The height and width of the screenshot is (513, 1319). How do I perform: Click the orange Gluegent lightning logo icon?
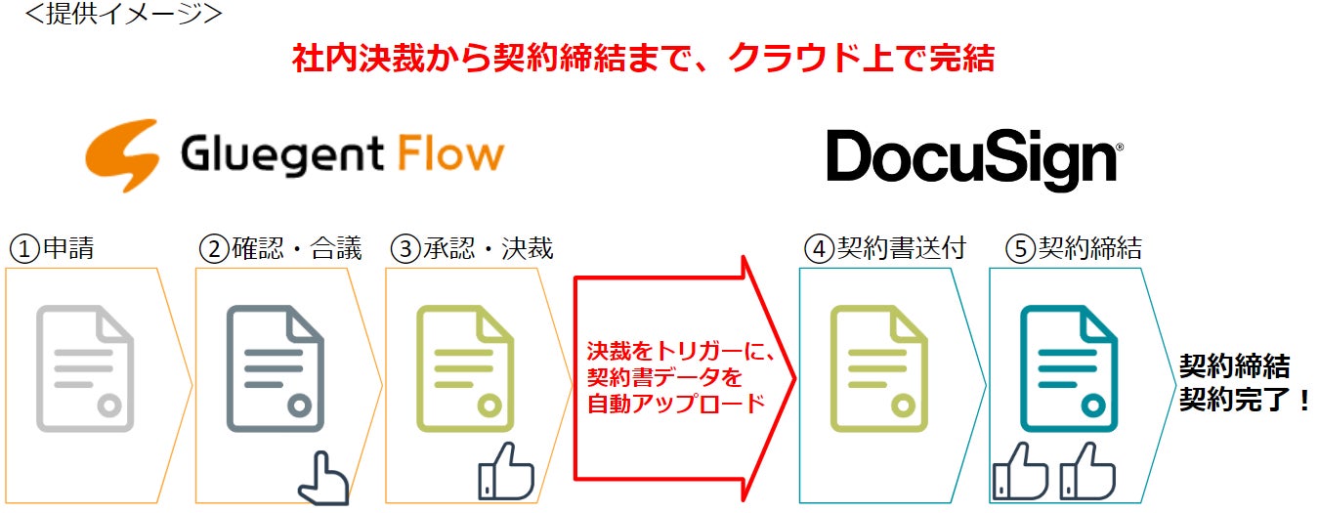pos(122,155)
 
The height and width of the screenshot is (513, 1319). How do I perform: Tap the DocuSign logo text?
pos(973,158)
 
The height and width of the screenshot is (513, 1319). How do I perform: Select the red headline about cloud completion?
pos(643,59)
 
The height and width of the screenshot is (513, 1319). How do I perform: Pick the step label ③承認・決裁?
pos(471,248)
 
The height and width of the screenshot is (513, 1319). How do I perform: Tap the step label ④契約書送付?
pos(885,248)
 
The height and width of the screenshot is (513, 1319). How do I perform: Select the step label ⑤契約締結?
pos(1074,248)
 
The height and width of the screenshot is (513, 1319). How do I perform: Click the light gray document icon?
pos(85,367)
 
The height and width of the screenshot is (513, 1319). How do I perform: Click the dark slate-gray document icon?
pos(275,367)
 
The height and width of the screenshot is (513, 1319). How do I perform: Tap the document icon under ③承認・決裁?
pos(464,367)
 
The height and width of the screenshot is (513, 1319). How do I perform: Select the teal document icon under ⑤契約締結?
pos(1068,367)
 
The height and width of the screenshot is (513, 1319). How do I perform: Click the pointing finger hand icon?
pos(322,478)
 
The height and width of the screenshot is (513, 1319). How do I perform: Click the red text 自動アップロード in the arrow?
pos(675,403)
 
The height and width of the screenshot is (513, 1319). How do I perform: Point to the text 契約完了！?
pos(1244,400)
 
